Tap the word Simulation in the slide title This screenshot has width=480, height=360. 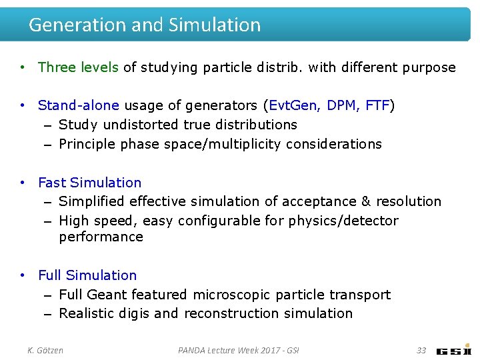(215, 25)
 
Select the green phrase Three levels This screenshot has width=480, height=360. (78, 67)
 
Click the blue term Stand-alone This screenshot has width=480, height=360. (79, 105)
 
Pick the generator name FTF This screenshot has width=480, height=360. (377, 105)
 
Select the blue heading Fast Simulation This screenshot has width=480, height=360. (90, 183)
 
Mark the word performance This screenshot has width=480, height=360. (101, 237)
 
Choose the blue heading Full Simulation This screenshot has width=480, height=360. (87, 275)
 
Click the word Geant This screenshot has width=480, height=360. (107, 295)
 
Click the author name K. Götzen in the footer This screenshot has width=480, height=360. (45, 350)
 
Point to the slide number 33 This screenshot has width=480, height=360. (421, 350)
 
